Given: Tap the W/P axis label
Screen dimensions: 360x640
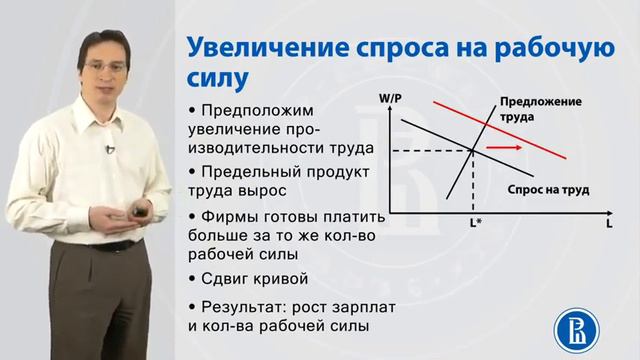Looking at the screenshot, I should (390, 98).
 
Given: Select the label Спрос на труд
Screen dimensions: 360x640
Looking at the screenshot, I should (548, 189).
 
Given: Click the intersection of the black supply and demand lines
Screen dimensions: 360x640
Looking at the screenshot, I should (471, 150).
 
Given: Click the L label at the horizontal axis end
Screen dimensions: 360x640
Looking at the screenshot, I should (608, 225).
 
